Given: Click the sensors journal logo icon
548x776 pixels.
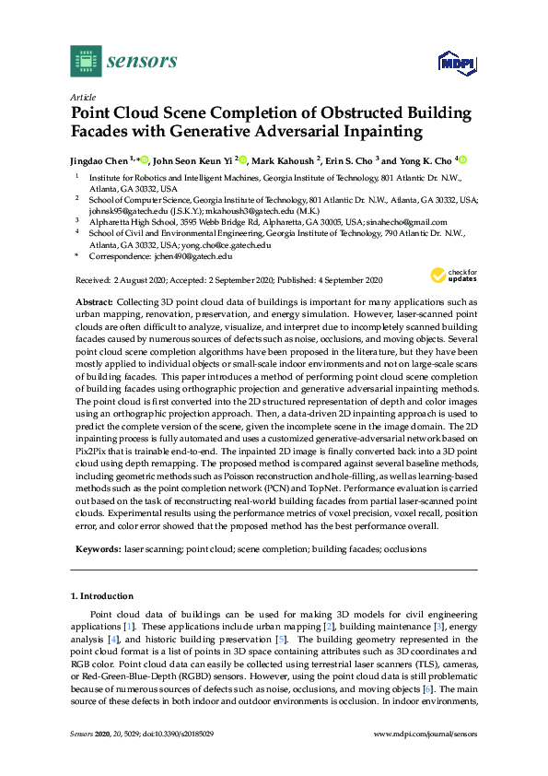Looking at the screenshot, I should coord(86,61).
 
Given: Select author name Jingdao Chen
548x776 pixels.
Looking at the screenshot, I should coord(99,159).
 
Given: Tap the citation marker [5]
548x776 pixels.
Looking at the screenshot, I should coord(284,640).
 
